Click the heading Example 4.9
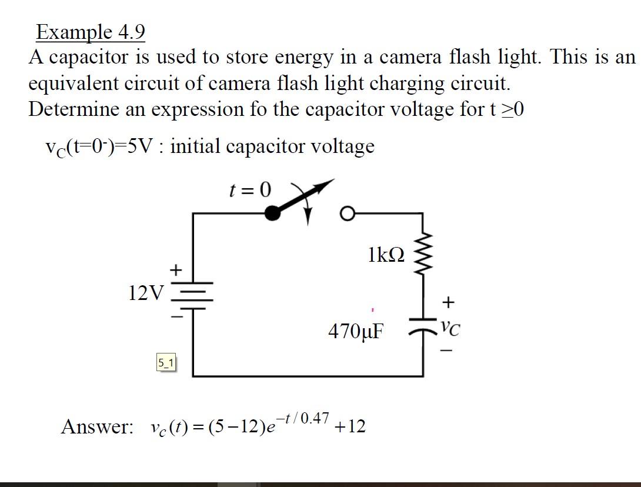tap(90, 32)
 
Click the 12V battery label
tap(146, 292)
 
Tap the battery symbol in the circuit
tap(192, 296)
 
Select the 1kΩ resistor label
tap(386, 255)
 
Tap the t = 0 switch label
tap(250, 189)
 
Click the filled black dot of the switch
tap(272, 214)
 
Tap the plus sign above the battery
tap(175, 270)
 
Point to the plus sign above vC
tap(448, 303)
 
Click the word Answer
tap(98, 426)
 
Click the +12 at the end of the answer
tap(350, 426)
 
